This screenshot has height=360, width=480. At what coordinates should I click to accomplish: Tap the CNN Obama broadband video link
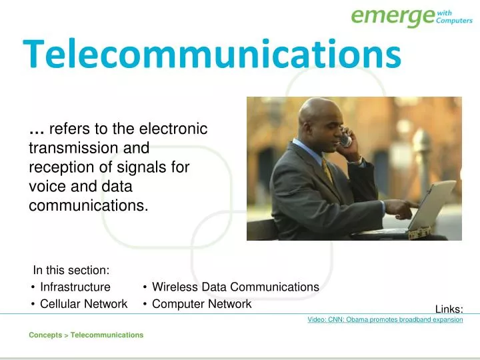[x=385, y=320]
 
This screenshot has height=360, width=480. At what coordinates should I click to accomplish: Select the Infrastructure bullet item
[x=75, y=287]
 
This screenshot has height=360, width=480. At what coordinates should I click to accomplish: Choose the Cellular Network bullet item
[x=83, y=304]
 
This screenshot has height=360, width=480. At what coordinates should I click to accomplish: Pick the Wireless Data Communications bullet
[x=235, y=287]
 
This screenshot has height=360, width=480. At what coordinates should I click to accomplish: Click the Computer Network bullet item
[x=201, y=304]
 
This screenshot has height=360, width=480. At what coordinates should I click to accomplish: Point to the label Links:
[x=449, y=309]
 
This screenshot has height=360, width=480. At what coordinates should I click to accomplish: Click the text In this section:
[x=71, y=270]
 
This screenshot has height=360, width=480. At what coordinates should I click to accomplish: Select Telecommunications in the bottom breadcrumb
[x=107, y=335]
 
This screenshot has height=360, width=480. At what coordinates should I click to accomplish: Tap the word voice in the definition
[x=46, y=187]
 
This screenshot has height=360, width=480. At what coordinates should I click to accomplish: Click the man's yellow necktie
[x=327, y=172]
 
